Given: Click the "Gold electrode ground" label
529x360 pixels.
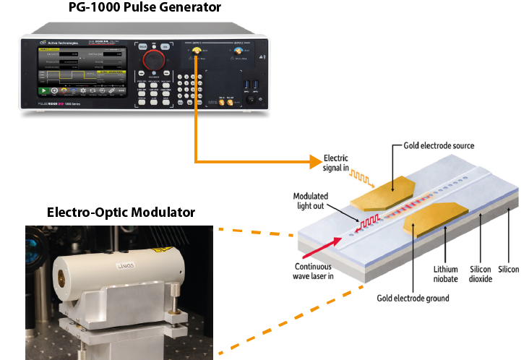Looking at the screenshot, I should (413, 298).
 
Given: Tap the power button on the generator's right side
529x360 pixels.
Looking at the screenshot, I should (250, 99).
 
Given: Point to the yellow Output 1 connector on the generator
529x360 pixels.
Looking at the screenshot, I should (195, 50).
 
